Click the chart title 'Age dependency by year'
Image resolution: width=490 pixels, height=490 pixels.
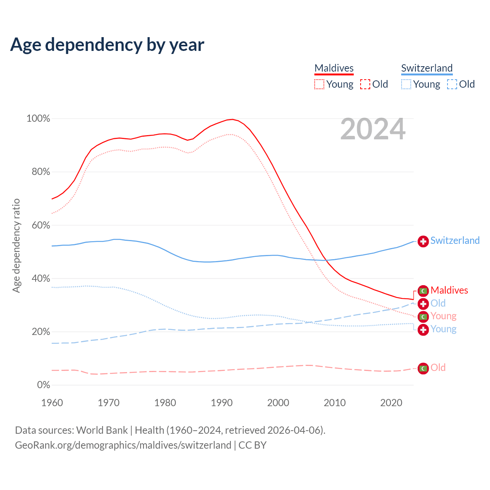pyautogui.click(x=107, y=45)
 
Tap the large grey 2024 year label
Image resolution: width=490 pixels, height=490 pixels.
pyautogui.click(x=372, y=129)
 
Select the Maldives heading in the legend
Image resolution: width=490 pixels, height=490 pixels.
pyautogui.click(x=334, y=68)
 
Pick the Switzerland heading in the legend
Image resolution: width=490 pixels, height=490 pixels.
pyautogui.click(x=427, y=68)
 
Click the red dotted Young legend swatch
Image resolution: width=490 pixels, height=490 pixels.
pyautogui.click(x=319, y=84)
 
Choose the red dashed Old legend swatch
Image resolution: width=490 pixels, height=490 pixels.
pyautogui.click(x=365, y=84)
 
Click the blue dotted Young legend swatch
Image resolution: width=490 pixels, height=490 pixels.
pyautogui.click(x=406, y=84)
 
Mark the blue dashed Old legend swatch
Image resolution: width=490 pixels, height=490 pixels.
pyautogui.click(x=452, y=84)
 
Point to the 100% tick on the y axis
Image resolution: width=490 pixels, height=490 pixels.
pyautogui.click(x=38, y=119)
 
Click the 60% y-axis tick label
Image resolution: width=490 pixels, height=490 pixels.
pyautogui.click(x=41, y=225)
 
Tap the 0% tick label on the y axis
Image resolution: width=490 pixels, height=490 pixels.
pyautogui.click(x=44, y=385)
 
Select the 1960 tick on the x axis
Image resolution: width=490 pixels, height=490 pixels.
pyautogui.click(x=52, y=403)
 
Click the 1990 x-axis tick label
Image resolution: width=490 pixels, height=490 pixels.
pyautogui.click(x=222, y=403)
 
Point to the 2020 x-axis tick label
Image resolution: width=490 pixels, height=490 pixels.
pyautogui.click(x=391, y=403)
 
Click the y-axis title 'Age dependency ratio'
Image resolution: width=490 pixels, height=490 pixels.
pyautogui.click(x=16, y=245)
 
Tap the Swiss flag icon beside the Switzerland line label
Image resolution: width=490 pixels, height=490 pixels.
pyautogui.click(x=423, y=242)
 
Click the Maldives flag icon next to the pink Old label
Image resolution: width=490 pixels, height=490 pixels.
pyautogui.click(x=423, y=368)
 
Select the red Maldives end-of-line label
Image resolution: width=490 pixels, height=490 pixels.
pyautogui.click(x=449, y=290)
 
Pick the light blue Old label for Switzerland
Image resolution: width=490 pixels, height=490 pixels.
pyautogui.click(x=438, y=303)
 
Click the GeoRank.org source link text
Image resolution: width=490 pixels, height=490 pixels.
pyautogui.click(x=123, y=445)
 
